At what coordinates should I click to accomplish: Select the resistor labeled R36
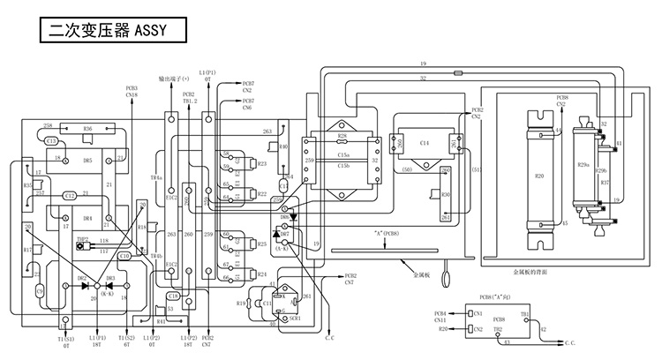pos(87,129)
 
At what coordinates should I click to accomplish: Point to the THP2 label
pos(82,238)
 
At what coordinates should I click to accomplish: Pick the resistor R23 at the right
pos(261,164)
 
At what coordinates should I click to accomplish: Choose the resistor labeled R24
pos(261,274)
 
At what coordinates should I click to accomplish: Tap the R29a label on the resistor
pos(583,165)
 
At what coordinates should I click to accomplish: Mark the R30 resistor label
pos(447,195)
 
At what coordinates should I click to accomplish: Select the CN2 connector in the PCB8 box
pos(478,329)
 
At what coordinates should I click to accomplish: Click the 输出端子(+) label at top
pos(174,79)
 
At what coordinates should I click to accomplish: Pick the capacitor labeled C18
pos(173,296)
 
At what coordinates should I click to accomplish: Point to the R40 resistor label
pos(283,146)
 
